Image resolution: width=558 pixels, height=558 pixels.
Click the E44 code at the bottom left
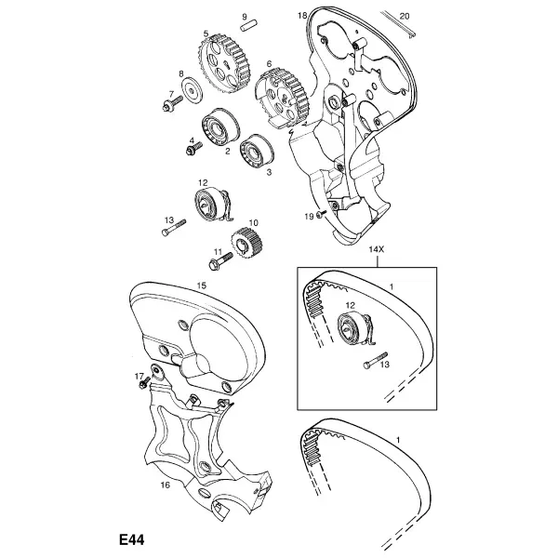pos(132,539)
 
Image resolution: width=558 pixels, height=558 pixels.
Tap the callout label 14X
pos(376,249)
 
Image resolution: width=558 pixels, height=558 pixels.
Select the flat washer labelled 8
pos(193,91)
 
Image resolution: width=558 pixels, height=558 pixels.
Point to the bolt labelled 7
pos(172,104)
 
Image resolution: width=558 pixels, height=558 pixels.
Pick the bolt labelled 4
pos(193,148)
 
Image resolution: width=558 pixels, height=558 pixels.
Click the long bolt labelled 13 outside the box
pos(174,228)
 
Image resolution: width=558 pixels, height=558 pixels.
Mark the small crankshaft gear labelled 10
pos(246,244)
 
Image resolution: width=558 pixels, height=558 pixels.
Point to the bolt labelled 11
pos(220,260)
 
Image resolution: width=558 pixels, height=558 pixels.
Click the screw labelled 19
pos(322,214)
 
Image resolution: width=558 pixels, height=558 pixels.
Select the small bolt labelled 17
pos(144,383)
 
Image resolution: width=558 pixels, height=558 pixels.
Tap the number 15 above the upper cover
pos(202,286)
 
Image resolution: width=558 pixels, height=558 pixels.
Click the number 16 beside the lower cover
pos(166,485)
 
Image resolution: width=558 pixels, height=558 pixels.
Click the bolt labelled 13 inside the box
pos(375,359)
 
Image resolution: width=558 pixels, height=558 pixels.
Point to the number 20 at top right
pos(405,16)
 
